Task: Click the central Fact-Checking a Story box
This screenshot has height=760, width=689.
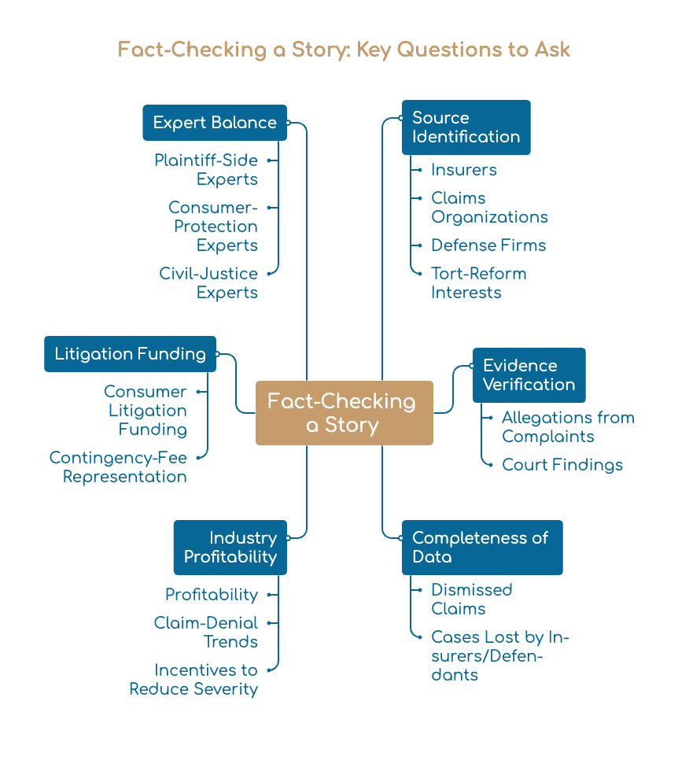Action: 344,413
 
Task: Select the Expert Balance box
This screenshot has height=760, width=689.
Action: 215,123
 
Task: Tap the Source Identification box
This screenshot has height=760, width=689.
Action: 466,127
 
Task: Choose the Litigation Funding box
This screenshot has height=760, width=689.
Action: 130,354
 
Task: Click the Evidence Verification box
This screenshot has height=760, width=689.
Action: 529,375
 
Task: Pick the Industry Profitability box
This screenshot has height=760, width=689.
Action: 230,548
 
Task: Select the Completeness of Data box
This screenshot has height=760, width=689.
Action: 482,548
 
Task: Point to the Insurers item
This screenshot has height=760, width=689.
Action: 464,170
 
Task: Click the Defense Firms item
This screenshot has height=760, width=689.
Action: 488,245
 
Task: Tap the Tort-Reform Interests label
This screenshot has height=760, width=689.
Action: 479,283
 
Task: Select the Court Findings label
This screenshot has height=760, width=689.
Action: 562,465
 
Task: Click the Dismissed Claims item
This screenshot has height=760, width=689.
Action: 471,599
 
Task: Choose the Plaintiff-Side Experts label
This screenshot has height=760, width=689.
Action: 206,170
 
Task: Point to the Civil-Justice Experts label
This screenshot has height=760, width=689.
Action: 209,283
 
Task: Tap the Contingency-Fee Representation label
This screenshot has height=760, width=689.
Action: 118,467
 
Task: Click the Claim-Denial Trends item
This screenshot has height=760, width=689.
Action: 206,632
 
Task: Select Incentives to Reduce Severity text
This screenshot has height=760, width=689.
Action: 193,680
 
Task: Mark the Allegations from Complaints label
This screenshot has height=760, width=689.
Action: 568,427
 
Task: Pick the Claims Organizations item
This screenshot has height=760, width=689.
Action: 489,208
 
